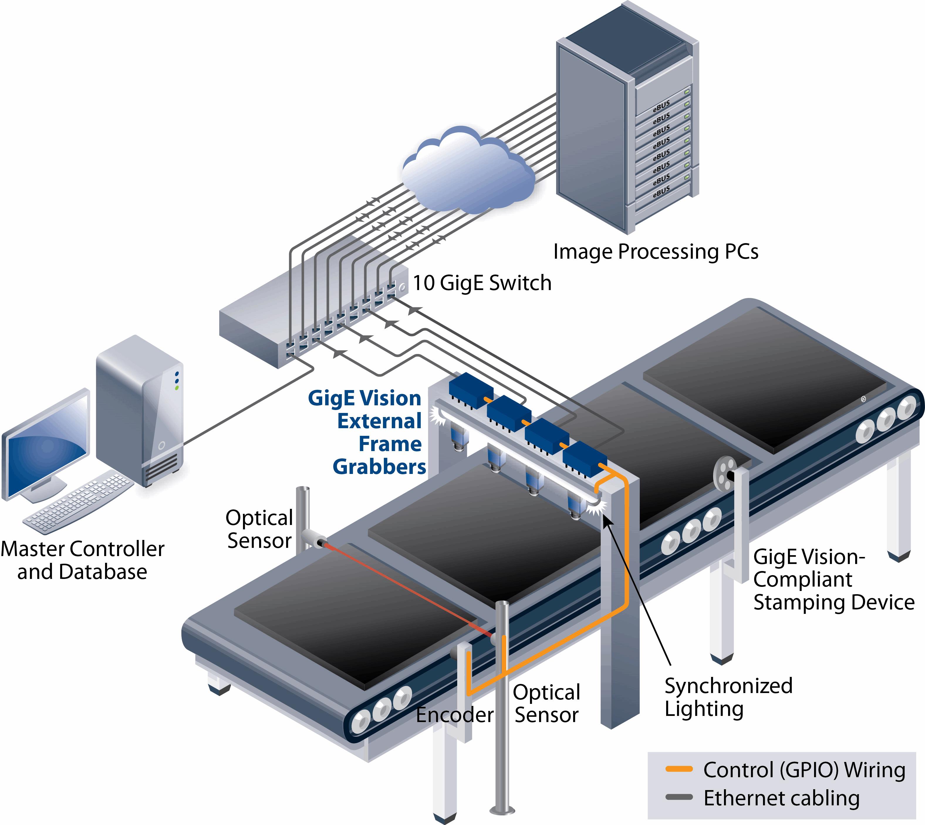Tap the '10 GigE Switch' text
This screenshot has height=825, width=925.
[482, 283]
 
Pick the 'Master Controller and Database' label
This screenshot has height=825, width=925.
[82, 560]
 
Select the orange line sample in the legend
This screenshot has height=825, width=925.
[679, 769]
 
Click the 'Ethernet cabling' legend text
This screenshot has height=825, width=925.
[781, 798]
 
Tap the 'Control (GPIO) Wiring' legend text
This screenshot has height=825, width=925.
[804, 770]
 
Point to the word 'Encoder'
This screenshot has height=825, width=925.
[455, 715]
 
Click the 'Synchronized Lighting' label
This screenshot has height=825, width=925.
[728, 697]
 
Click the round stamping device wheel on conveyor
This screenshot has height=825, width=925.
[725, 475]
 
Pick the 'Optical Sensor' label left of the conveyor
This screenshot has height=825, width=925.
[259, 529]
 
